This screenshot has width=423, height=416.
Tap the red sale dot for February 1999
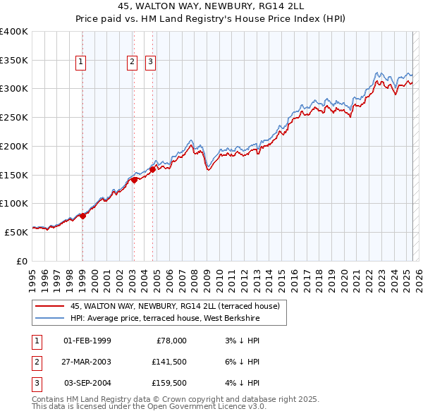(82, 216)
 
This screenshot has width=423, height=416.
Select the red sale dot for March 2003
(134, 180)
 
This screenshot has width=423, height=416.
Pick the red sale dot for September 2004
(152, 169)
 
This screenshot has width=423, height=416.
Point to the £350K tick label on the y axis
(13, 61)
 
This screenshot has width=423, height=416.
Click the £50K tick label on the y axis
(16, 231)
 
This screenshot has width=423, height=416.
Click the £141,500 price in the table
(168, 362)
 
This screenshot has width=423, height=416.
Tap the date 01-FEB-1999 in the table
(87, 341)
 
